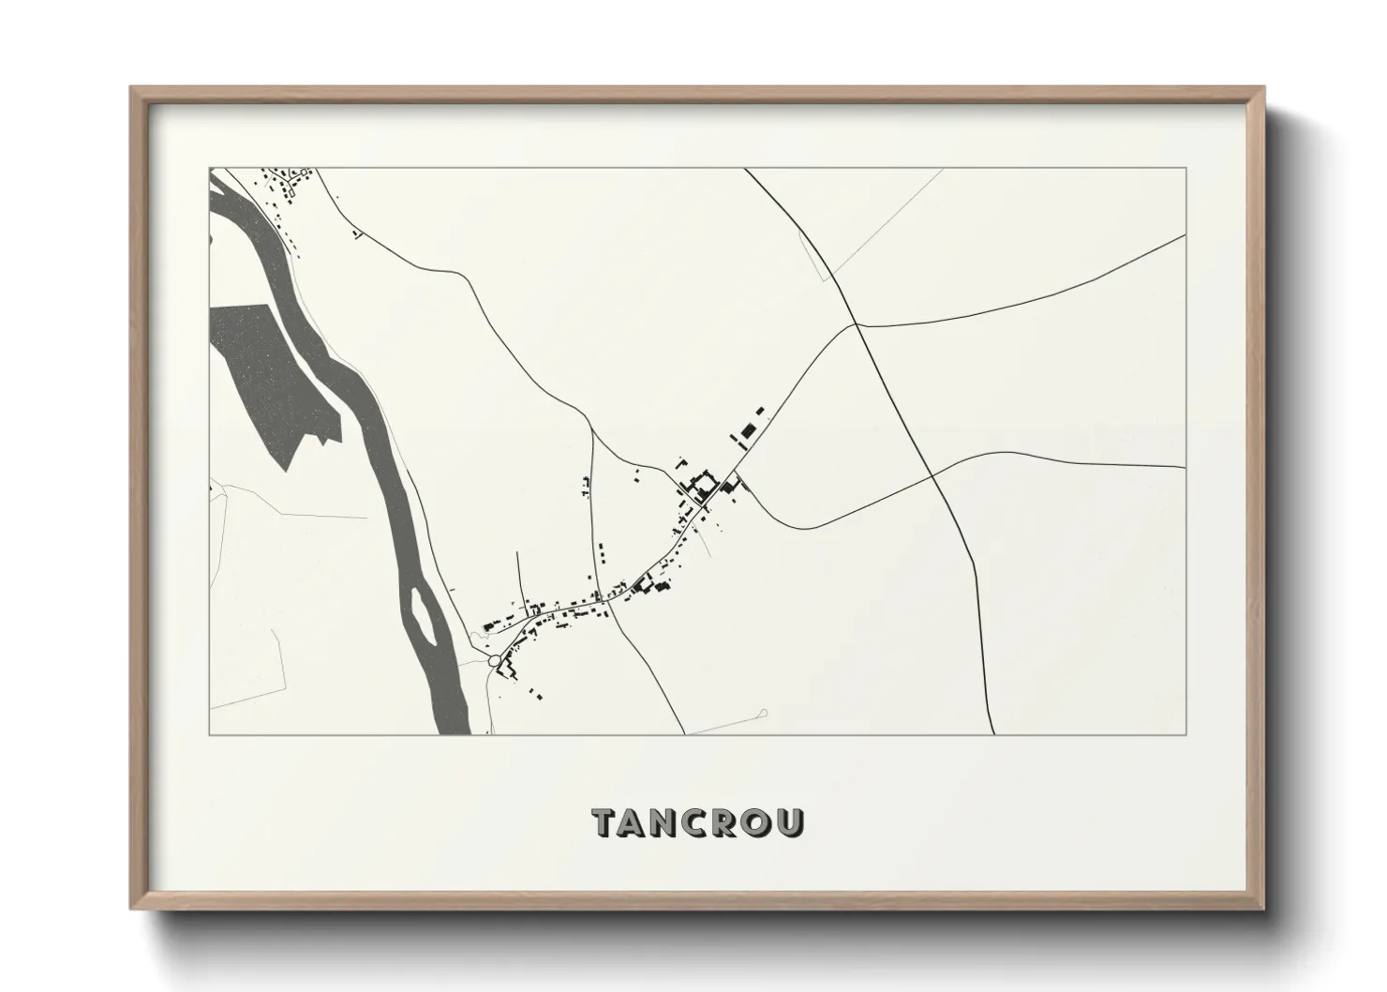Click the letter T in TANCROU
point(604,822)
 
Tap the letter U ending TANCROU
point(790,822)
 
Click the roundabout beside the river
point(494,663)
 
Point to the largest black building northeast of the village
point(747,430)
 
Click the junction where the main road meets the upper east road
point(857,324)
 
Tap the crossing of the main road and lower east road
point(934,475)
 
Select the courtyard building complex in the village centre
point(699,486)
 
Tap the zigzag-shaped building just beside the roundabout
point(507,669)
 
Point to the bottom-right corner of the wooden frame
point(1262,909)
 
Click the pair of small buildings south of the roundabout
point(535,695)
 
